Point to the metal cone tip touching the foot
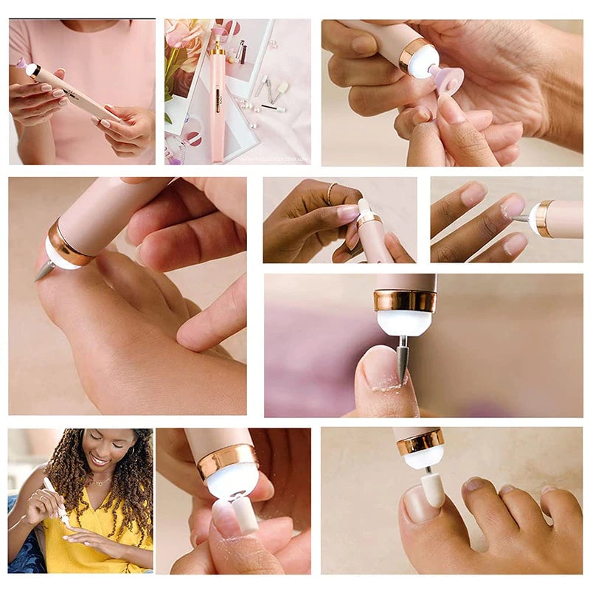pos(43,271)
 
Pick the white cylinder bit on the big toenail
pos(432,490)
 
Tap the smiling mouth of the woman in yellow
pos(100,460)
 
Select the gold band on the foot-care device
pos(71,243)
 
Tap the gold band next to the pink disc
pos(416,55)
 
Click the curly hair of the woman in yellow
pos(133,472)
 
